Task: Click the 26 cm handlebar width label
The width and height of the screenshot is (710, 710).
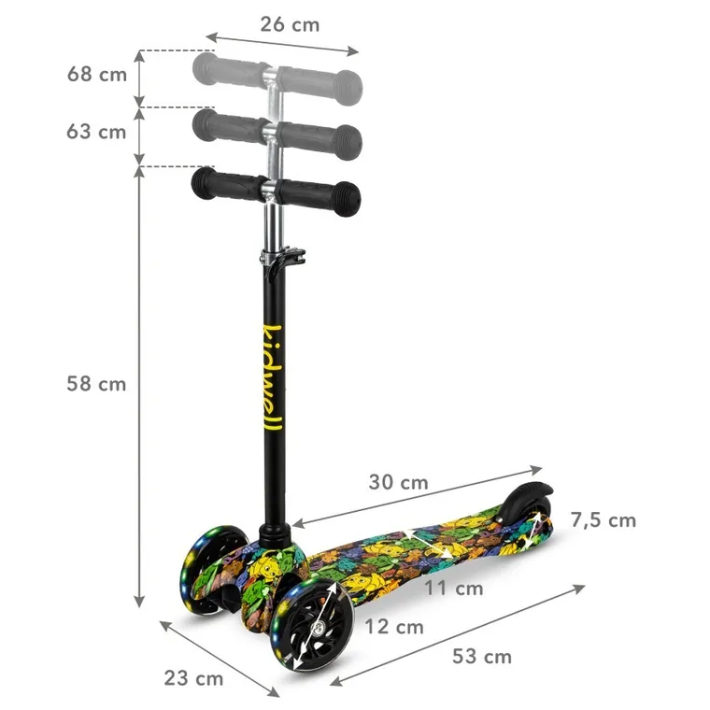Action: click(x=290, y=24)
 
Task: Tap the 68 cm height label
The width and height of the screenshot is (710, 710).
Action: click(x=96, y=75)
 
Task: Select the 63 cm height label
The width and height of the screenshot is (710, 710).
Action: click(x=96, y=132)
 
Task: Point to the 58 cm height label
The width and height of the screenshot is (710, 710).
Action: click(x=96, y=384)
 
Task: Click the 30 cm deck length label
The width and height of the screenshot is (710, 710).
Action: click(x=398, y=483)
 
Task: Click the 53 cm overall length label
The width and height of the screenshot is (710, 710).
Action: click(x=482, y=656)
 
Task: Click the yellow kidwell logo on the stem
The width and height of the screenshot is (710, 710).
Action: click(x=272, y=378)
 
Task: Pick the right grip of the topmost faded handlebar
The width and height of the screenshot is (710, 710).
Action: click(x=323, y=81)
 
